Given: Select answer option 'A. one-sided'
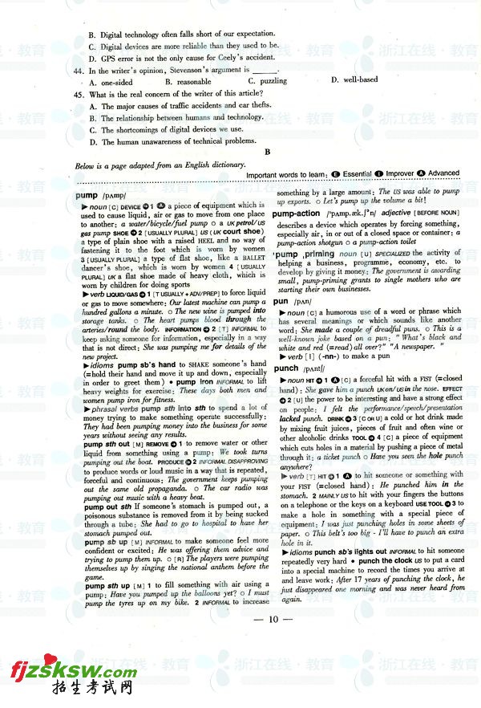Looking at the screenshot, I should [x=111, y=82].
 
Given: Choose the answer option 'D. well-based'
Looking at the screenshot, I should [x=354, y=80].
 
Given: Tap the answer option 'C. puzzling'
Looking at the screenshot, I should [x=268, y=81].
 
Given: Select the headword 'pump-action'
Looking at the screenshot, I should [x=296, y=214].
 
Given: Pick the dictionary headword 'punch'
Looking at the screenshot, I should [x=286, y=368].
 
